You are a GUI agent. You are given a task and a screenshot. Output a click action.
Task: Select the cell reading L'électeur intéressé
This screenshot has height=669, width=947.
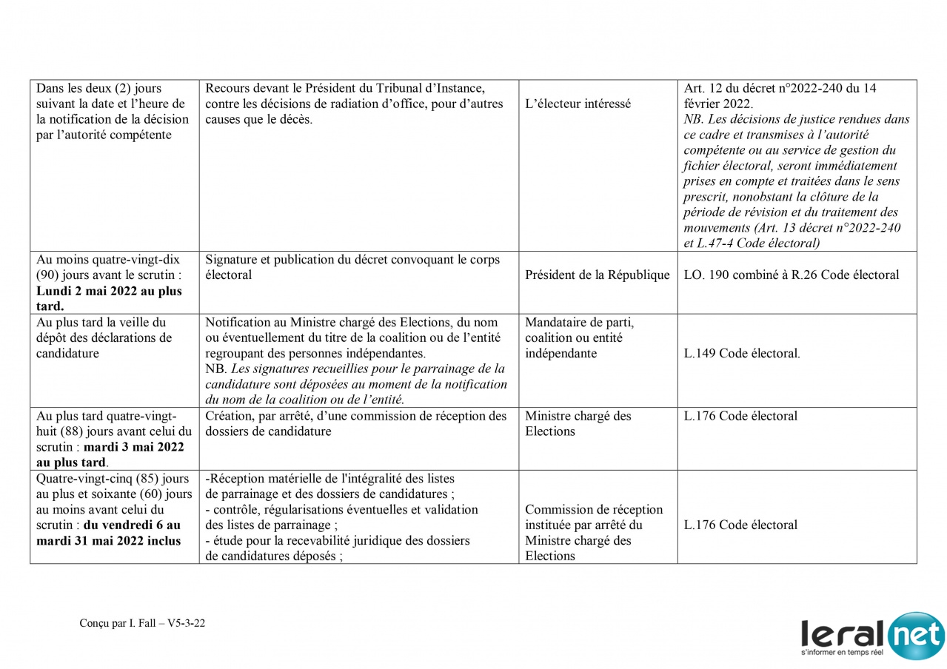point(578,104)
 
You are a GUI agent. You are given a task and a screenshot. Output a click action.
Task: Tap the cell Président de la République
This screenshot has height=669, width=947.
point(597,275)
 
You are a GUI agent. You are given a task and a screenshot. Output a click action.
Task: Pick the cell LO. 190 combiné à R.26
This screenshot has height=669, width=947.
point(791,275)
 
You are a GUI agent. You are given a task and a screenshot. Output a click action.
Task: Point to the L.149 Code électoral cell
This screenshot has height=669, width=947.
point(741,354)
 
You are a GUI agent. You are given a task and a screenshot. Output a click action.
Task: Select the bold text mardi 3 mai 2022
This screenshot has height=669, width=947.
point(133,447)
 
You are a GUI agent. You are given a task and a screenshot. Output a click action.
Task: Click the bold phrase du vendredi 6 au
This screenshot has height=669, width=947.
point(132,525)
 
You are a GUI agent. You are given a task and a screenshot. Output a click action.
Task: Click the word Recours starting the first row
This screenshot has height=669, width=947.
point(227,88)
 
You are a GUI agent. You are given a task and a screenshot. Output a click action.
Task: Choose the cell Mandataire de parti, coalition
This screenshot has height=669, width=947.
point(579,338)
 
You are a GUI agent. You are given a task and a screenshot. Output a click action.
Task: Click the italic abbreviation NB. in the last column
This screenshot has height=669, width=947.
point(694,119)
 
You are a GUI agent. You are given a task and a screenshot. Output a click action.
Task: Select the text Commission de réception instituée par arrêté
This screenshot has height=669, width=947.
point(593,517)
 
